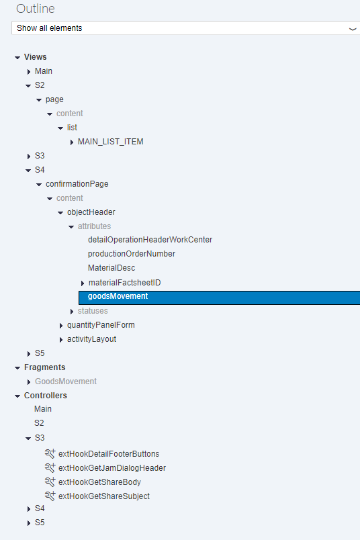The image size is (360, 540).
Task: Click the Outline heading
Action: tap(36, 9)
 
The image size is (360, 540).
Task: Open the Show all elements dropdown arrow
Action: tap(353, 29)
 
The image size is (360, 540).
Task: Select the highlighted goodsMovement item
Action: tap(118, 296)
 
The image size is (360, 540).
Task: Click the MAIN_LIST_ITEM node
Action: tap(111, 142)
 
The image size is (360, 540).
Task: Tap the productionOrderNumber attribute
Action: tap(132, 254)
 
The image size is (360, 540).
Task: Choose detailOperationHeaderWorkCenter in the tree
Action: tap(150, 240)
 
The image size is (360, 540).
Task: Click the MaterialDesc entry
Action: tap(111, 268)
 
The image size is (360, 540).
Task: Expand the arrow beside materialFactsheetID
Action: tap(83, 283)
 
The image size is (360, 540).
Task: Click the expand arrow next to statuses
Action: tap(72, 312)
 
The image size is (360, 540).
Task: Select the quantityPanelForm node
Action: tap(101, 325)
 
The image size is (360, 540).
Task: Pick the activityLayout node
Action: tap(91, 339)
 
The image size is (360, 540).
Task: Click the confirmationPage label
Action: tap(77, 184)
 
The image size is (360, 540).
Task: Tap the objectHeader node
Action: tap(91, 212)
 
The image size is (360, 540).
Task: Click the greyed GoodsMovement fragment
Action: tap(66, 381)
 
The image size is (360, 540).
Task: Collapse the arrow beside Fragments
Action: tap(17, 368)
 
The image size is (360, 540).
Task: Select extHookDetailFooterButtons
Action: tap(109, 454)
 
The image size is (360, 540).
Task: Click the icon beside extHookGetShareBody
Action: tap(50, 482)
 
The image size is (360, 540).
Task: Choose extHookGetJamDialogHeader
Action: tap(112, 468)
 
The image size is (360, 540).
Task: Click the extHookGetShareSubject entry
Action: tap(104, 496)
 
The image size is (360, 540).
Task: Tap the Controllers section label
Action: tap(46, 396)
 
